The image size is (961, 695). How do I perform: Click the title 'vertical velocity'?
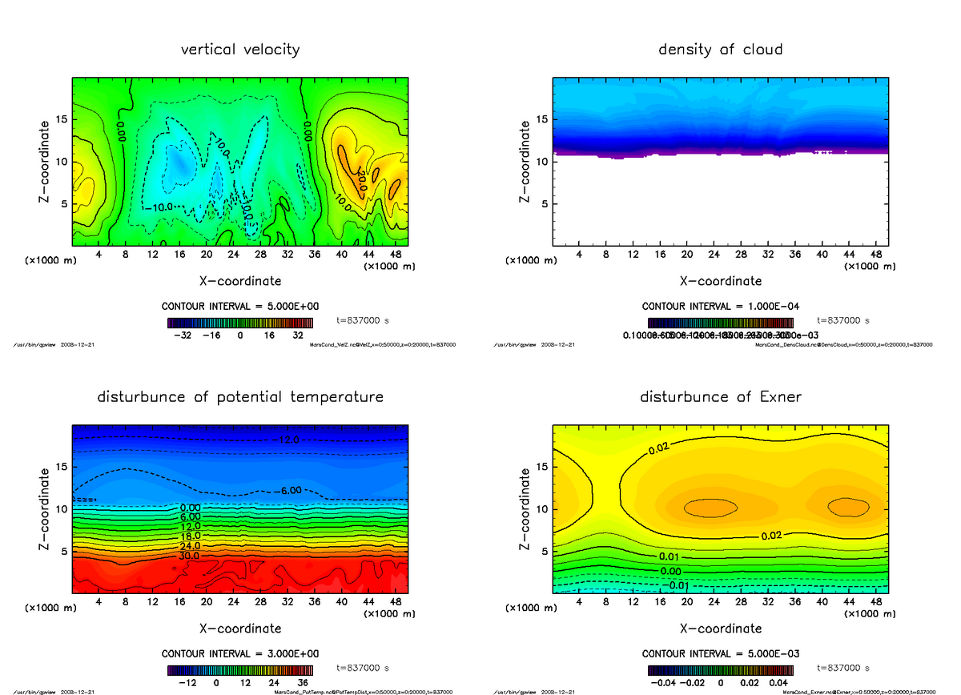(240, 50)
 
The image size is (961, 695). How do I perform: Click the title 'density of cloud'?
(720, 50)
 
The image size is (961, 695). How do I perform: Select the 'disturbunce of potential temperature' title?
(240, 397)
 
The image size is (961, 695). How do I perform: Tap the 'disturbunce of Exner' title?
(720, 397)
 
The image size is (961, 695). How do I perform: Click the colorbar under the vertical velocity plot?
(241, 323)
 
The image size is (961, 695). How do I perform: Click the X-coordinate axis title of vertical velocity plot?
(240, 281)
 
